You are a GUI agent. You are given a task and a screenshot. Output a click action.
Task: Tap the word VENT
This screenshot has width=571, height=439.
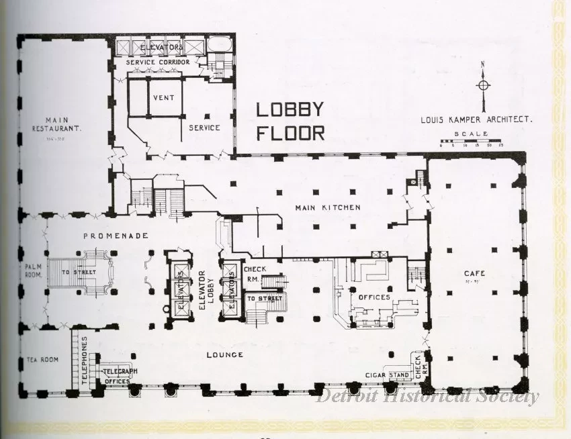point(163,97)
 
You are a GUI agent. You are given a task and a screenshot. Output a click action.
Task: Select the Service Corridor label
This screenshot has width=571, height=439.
point(157,62)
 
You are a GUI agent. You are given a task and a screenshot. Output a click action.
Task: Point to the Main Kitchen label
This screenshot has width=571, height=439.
point(328,207)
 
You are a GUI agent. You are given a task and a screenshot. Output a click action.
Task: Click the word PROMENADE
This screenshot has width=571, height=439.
point(115,236)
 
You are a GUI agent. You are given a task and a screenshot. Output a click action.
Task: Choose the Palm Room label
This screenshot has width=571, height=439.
point(34,273)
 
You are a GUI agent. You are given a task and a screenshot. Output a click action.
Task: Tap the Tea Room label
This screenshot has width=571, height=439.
point(43,360)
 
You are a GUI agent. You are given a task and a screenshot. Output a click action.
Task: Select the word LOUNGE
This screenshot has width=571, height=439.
point(224,354)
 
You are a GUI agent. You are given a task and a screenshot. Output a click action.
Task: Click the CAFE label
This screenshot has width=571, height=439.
point(475,273)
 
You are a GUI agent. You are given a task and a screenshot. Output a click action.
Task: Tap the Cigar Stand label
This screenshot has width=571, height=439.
point(388,375)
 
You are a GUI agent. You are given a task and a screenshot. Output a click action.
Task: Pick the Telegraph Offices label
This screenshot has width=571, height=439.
point(120,375)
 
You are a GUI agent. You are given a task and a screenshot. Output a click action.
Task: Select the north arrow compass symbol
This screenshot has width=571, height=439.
point(483,85)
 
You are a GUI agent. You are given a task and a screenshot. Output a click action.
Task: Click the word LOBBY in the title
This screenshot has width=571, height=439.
point(290,109)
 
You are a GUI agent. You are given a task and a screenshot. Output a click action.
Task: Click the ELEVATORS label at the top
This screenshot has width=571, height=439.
point(161,48)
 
